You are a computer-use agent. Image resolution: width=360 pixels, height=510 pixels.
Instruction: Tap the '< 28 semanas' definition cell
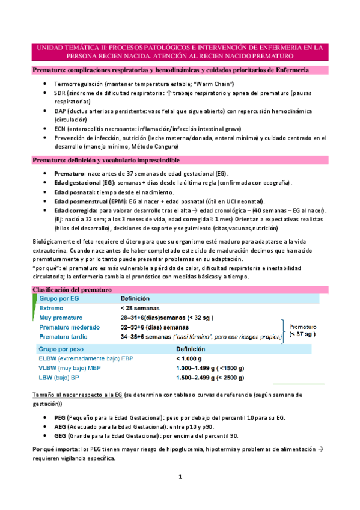(x=142, y=309)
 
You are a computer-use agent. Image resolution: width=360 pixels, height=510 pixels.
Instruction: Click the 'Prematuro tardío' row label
(x=66, y=337)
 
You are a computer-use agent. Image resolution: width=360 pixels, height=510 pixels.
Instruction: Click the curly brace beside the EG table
(x=283, y=327)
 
